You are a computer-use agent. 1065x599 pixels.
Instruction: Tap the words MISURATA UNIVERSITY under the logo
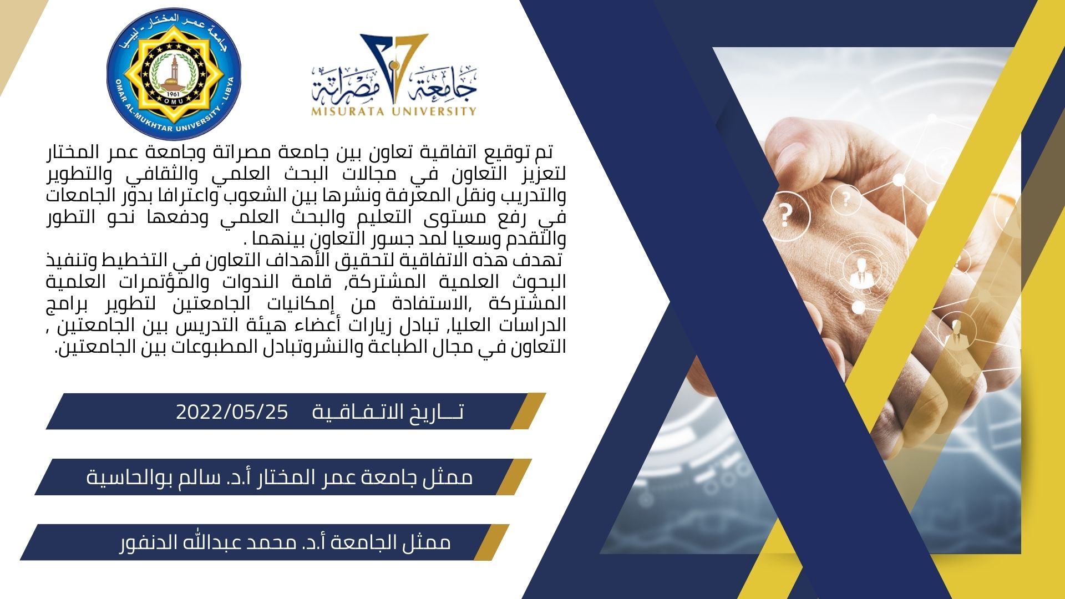[x=394, y=111]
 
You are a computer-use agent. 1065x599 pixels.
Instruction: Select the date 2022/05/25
[x=232, y=412]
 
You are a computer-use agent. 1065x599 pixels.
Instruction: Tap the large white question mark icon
[x=785, y=215]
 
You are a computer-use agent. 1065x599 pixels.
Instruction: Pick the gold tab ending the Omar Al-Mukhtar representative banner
[x=514, y=477]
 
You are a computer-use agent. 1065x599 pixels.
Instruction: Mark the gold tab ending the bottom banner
[x=491, y=542]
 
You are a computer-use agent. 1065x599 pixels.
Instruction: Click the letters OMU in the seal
[x=174, y=101]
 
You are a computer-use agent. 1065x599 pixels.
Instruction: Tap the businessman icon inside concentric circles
[x=860, y=272]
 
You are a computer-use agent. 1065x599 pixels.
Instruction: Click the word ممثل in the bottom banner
[x=431, y=542]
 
